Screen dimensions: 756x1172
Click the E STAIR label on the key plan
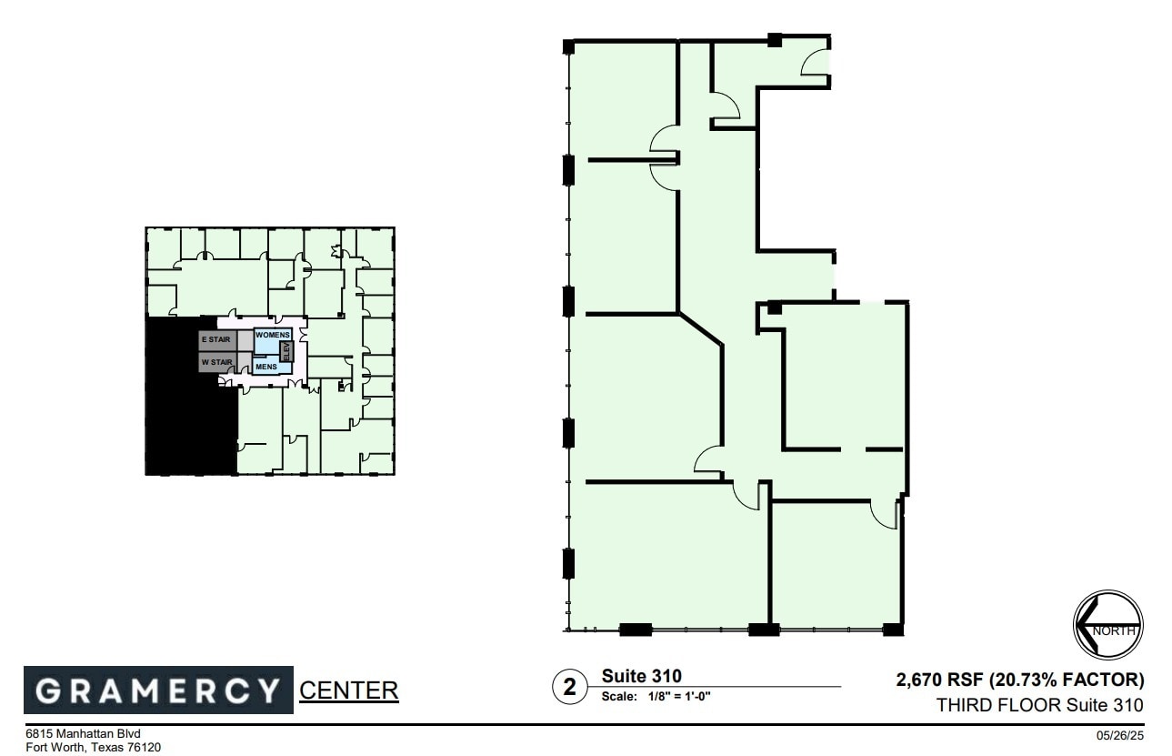216,339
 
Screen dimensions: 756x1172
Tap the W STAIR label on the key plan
217,362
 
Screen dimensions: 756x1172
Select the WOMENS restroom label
272,335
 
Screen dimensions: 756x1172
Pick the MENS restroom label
266,367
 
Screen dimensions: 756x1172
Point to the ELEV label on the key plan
285,350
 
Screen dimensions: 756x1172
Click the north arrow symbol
1107,624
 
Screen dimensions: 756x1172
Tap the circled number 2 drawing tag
570,688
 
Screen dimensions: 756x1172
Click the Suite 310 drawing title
641,676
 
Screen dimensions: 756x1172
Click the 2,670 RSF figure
937,680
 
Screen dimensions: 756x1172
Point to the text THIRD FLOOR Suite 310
1040,704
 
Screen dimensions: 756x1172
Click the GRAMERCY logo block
158,690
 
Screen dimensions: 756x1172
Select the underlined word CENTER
349,690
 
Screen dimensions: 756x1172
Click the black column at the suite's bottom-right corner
893,629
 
